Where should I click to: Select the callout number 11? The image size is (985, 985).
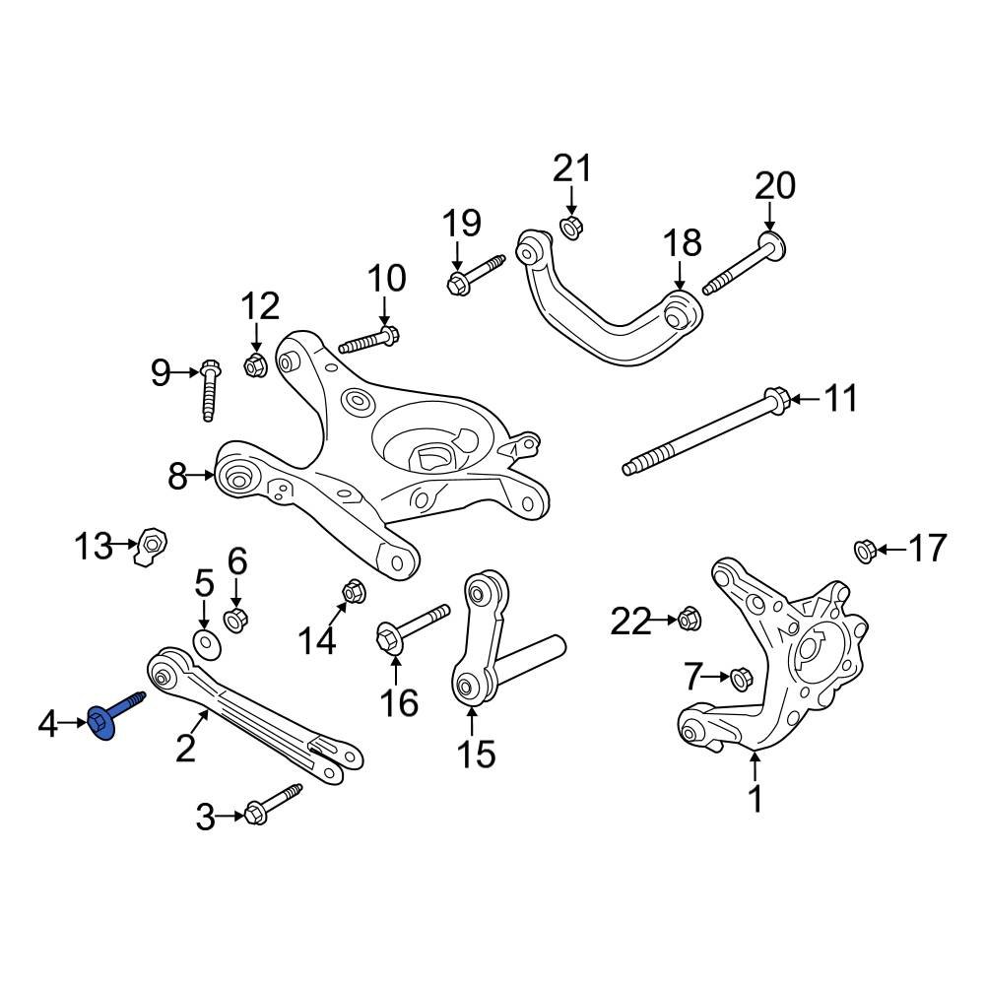841,399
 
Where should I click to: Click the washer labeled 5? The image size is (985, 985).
206,644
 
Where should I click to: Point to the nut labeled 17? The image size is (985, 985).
864,549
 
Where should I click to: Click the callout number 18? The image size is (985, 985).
681,242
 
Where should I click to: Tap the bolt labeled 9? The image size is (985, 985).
209,388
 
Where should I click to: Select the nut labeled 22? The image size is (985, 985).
688,620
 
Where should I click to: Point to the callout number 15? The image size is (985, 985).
476,754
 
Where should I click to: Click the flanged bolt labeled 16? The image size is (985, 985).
409,628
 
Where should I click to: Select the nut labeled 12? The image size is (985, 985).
255,365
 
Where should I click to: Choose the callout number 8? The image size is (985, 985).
177,478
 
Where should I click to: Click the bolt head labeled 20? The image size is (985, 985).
770,245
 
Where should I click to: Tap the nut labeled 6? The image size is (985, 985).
236,621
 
